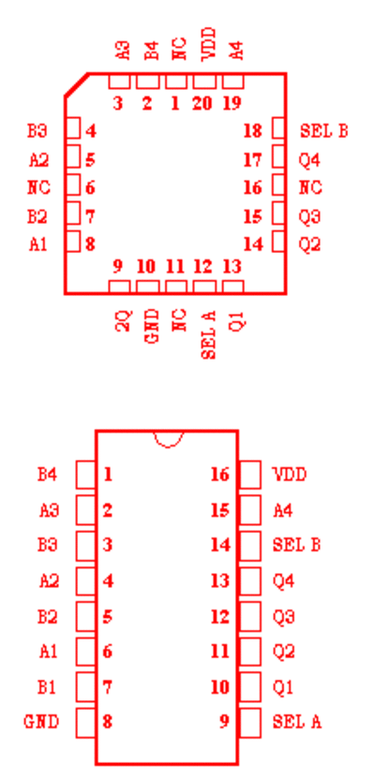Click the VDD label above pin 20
[209, 45]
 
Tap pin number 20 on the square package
[202, 103]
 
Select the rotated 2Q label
[124, 320]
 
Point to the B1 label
[47, 687]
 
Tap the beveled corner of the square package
[77, 85]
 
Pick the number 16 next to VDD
[220, 475]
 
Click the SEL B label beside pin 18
[323, 131]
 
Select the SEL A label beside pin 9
[296, 722]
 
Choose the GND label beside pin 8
[42, 722]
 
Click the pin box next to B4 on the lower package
[85, 475]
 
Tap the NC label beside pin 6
[38, 188]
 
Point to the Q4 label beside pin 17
[309, 160]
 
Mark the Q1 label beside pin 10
[283, 687]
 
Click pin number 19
[232, 103]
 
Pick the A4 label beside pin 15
[283, 510]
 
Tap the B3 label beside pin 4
[37, 131]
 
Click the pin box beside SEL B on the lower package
[250, 546]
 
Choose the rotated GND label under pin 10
[153, 326]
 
